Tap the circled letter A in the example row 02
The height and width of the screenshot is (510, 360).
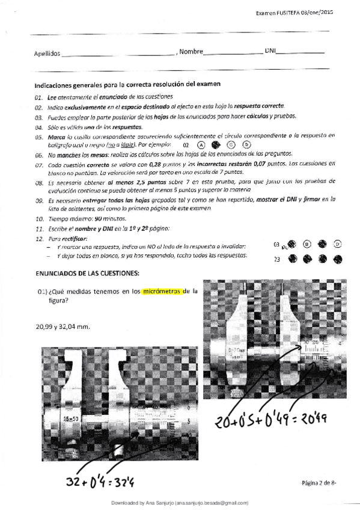(201, 145)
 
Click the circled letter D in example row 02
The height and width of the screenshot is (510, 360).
(246, 144)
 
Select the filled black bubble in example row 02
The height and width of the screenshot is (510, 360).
(216, 145)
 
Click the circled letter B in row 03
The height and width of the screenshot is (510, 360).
(307, 244)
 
